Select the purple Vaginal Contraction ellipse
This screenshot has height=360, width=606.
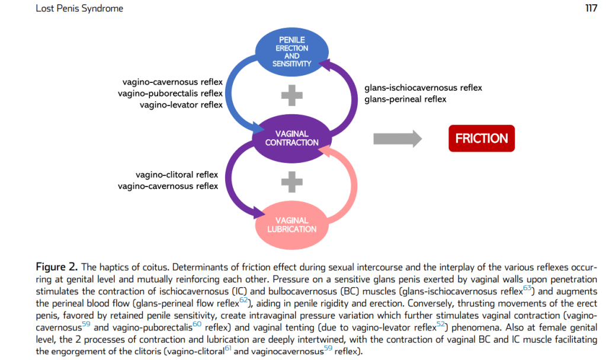click(291, 139)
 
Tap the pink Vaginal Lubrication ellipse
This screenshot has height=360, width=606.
click(291, 224)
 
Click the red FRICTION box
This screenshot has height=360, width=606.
click(481, 139)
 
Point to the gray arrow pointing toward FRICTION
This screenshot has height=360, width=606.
click(397, 139)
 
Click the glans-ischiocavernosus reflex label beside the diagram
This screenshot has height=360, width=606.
click(423, 88)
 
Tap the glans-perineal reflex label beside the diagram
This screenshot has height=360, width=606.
click(405, 99)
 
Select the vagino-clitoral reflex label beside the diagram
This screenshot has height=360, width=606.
click(177, 175)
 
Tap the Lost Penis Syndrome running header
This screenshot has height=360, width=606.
click(79, 9)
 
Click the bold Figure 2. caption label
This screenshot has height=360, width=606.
click(57, 266)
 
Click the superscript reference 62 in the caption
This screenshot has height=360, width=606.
click(243, 299)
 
